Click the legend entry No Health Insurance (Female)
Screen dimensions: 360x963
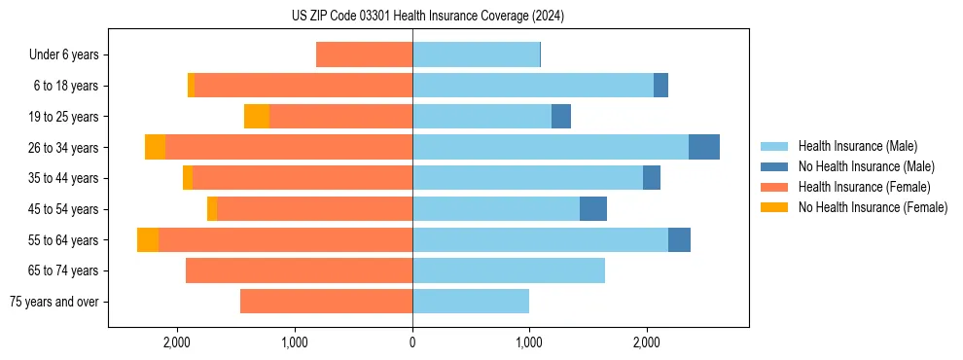click(873, 207)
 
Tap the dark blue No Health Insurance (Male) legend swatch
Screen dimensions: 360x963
click(775, 166)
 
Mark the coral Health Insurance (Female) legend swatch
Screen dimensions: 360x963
click(775, 187)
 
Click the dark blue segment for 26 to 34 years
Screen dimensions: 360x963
click(704, 147)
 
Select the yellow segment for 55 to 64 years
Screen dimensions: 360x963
click(148, 240)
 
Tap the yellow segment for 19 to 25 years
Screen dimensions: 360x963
click(257, 117)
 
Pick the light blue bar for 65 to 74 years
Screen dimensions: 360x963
click(509, 270)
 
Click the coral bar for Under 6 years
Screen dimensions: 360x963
click(365, 55)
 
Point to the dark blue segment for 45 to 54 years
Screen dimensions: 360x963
click(593, 209)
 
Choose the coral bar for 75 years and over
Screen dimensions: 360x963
click(327, 302)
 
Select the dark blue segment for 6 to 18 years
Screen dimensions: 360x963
click(660, 86)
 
